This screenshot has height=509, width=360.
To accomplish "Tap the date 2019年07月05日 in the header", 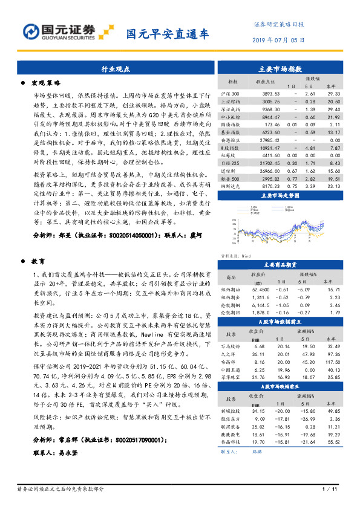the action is coord(278,40).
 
